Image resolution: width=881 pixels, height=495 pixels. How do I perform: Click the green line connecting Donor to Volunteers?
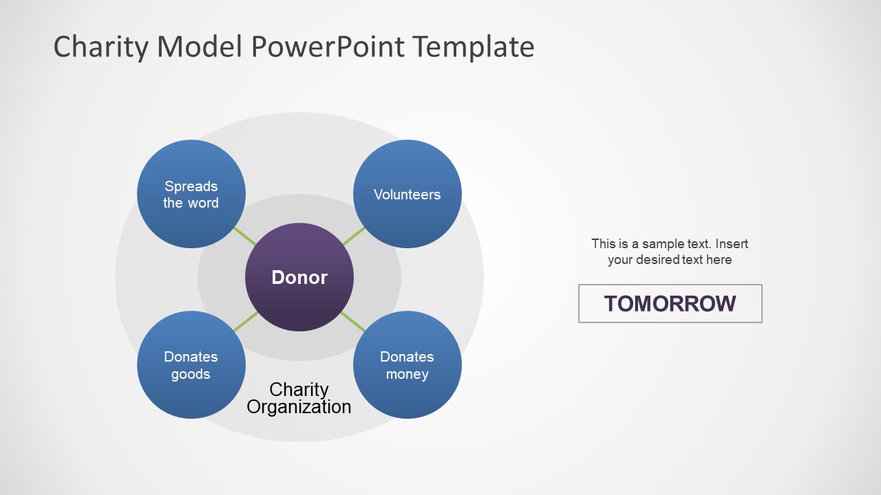[354, 236]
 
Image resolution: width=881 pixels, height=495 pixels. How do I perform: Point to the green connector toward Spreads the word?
[245, 236]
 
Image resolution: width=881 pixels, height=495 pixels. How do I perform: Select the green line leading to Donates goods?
[246, 322]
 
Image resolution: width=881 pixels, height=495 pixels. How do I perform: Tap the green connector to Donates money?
[353, 321]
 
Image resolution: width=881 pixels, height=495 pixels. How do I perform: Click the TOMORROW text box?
[670, 303]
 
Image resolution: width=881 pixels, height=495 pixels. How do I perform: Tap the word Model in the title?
[200, 47]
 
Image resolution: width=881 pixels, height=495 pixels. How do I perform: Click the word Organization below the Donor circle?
[299, 407]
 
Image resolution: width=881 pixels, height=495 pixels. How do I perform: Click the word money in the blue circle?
[407, 375]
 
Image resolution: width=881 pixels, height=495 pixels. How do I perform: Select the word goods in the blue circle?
[191, 375]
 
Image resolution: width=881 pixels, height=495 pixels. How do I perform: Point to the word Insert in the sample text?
[731, 243]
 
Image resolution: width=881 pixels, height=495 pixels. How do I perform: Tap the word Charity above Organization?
[299, 390]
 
